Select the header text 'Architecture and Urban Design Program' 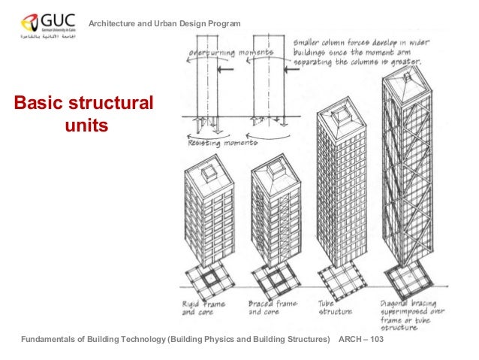click(x=165, y=26)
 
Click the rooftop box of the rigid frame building click(x=207, y=172)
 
